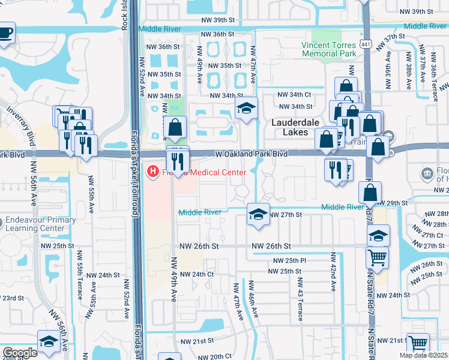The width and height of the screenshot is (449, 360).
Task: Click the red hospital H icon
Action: [x=153, y=172]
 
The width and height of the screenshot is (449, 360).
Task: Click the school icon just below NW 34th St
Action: [x=246, y=109]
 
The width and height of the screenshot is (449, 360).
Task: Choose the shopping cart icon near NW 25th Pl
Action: [x=378, y=257]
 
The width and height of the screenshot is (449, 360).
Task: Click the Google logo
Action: [x=20, y=353]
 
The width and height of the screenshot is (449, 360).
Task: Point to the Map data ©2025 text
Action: [x=423, y=355]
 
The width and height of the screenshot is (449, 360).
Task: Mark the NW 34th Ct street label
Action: [x=294, y=94]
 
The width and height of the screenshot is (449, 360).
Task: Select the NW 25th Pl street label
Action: [x=290, y=261]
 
